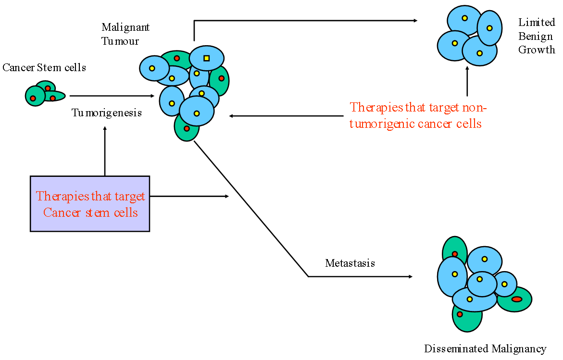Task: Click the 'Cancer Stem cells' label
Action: click(44, 67)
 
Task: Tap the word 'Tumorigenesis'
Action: click(107, 112)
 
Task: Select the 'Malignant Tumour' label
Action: click(125, 34)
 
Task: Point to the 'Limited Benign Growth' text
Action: click(537, 36)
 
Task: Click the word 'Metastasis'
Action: click(350, 263)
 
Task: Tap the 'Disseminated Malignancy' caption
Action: click(485, 348)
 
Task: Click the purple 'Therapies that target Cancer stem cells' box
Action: click(90, 203)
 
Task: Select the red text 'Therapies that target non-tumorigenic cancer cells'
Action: click(418, 115)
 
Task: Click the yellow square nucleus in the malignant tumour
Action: click(206, 58)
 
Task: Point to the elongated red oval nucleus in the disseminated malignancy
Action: click(517, 299)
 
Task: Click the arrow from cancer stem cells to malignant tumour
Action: click(112, 96)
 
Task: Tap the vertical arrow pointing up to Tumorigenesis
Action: click(105, 151)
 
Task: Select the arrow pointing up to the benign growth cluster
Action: click(467, 81)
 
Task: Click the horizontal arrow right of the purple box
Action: click(189, 196)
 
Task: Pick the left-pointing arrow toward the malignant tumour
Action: click(286, 116)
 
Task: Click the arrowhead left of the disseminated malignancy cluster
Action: click(411, 276)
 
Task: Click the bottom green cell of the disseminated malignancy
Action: click(467, 318)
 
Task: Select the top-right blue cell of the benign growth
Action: click(489, 28)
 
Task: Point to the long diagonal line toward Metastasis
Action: click(251, 209)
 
